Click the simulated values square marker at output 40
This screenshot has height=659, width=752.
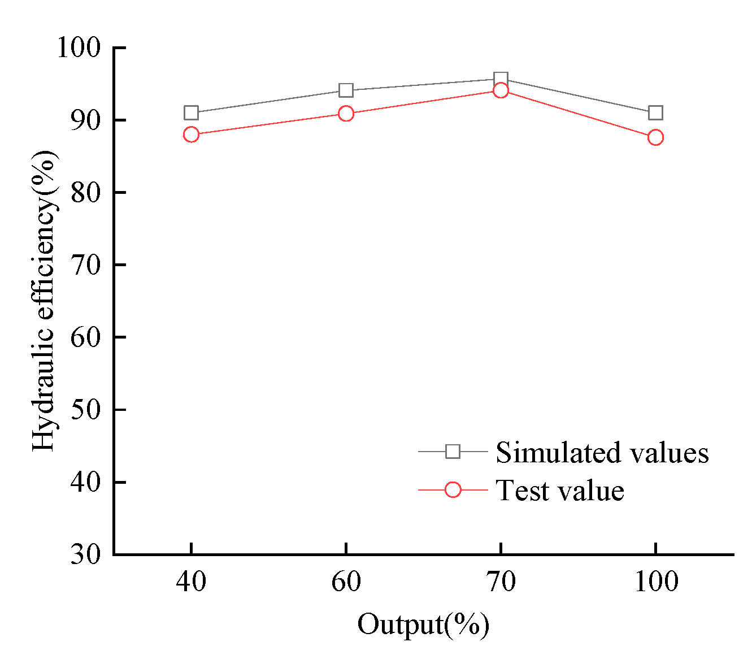191,113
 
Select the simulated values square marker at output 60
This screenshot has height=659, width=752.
346,90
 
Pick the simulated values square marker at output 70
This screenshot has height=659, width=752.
501,79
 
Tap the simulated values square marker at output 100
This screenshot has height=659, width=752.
655,113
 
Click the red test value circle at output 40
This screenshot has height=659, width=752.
191,135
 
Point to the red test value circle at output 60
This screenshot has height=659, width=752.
346,114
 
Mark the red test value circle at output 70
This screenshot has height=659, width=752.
501,90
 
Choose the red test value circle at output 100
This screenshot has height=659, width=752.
655,137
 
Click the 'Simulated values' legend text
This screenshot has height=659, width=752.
602,452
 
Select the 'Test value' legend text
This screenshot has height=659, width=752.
560,491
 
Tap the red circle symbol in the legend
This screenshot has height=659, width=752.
453,490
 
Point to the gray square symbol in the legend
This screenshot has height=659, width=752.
453,452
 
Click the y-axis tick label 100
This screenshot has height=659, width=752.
79,47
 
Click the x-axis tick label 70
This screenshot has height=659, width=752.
501,582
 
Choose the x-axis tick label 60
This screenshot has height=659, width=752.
346,582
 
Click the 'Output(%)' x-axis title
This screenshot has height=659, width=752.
423,625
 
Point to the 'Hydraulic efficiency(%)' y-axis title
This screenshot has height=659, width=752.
44,301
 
